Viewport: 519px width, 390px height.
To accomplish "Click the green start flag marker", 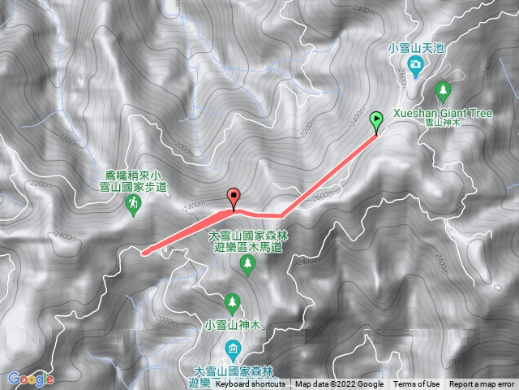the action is coord(376,122).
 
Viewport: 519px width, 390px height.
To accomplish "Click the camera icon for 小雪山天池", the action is coord(415,64).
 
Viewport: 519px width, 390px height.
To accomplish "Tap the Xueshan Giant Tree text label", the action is coord(442,114).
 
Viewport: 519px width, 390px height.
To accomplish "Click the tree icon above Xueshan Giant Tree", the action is coord(442,89).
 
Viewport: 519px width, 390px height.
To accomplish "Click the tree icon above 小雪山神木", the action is coord(233,304).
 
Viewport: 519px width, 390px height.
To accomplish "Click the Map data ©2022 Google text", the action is coord(339,384).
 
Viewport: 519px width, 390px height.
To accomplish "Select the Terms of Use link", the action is coord(417,384).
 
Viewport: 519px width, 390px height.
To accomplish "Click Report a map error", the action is coord(483,384).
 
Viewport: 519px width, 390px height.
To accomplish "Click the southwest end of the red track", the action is coord(144,252).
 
